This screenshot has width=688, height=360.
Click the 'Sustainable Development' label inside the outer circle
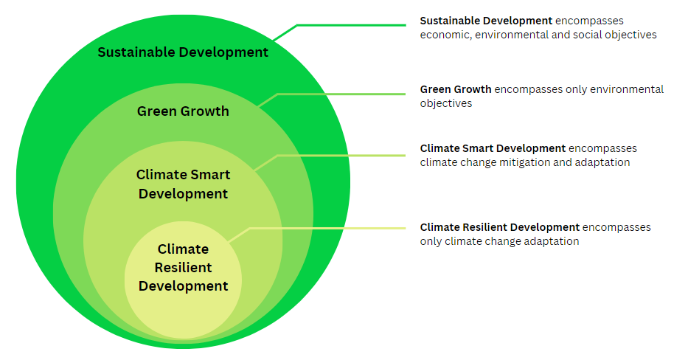pyautogui.click(x=183, y=52)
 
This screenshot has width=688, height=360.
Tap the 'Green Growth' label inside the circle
pyautogui.click(x=183, y=111)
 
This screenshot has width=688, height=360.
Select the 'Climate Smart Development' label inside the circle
pyautogui.click(x=183, y=184)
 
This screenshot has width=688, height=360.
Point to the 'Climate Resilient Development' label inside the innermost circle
pyautogui.click(x=183, y=267)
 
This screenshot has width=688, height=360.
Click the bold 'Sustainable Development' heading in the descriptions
pyautogui.click(x=486, y=21)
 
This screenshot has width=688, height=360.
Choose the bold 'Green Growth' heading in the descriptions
pyautogui.click(x=456, y=89)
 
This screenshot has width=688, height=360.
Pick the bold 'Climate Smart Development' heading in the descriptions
pyautogui.click(x=493, y=148)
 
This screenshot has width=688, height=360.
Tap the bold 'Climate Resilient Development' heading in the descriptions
pyautogui.click(x=500, y=227)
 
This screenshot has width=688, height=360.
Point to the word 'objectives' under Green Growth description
pyautogui.click(x=446, y=103)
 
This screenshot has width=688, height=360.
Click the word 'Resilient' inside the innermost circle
pyautogui.click(x=183, y=267)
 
